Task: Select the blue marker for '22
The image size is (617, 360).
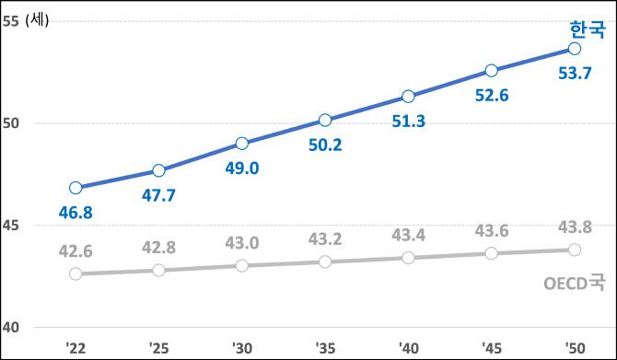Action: [x=76, y=188]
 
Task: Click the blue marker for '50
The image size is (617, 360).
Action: [x=575, y=48]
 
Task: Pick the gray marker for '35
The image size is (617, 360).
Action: [x=325, y=261]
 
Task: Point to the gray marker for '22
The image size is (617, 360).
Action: [x=76, y=273]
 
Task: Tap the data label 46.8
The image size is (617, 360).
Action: [x=76, y=213]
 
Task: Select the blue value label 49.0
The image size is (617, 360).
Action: [x=241, y=168]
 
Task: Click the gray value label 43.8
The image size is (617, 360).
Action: [x=575, y=227]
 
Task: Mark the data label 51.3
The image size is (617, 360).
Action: [x=408, y=122]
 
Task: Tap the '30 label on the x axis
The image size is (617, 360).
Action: [x=241, y=348]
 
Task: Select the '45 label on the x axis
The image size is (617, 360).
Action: [x=491, y=348]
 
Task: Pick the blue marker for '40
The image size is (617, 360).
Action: [x=408, y=97]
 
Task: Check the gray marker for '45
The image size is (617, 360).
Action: [x=491, y=253]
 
